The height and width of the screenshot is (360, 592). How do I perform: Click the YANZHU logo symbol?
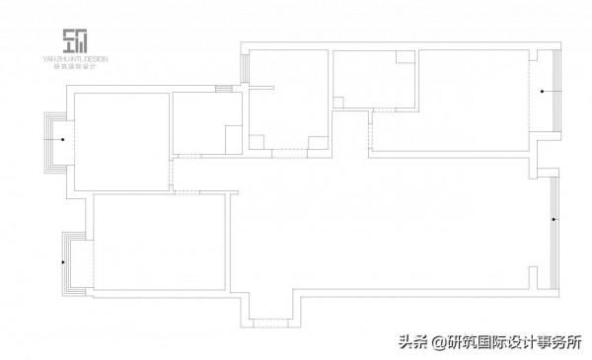74,41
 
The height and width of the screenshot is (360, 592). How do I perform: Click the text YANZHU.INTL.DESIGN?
75,59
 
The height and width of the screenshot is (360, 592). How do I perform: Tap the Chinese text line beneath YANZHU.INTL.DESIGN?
75,65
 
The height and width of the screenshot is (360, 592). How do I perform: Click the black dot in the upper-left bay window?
63,140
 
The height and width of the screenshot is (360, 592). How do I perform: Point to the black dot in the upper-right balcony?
541,92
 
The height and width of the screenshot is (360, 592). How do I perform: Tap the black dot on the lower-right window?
554,219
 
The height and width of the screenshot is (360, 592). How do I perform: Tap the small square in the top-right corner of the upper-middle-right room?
405,56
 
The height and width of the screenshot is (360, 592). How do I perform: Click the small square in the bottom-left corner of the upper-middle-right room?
338,102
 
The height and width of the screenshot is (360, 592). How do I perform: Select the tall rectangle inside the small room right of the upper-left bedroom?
233,139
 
